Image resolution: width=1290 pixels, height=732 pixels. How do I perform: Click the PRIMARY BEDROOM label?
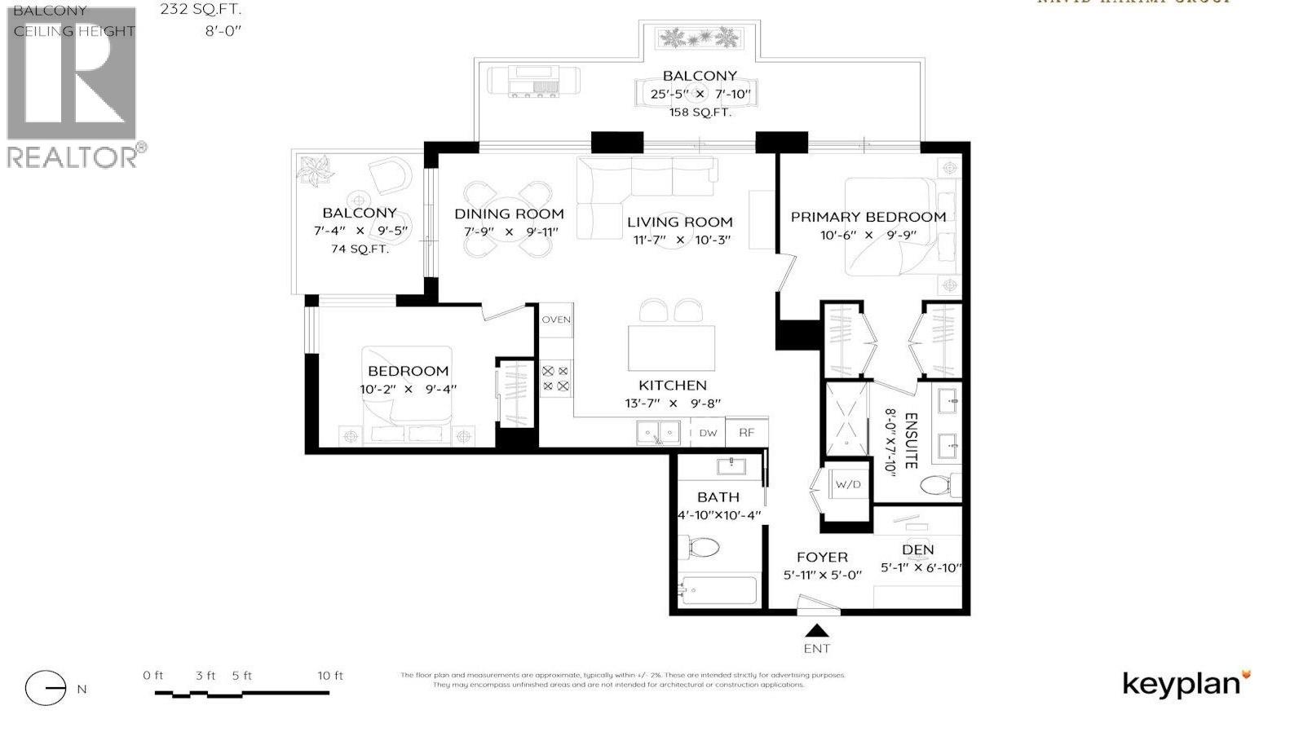point(868,217)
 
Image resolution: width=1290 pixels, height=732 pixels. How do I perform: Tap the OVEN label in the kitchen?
point(556,320)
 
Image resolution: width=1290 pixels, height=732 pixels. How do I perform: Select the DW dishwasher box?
point(708,433)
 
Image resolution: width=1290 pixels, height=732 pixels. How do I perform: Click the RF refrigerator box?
point(746,433)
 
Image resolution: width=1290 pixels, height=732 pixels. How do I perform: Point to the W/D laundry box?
point(847,484)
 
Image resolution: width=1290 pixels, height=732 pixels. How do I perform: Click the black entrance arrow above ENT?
point(817,630)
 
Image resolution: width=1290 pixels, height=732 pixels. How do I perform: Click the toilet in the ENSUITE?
point(940,486)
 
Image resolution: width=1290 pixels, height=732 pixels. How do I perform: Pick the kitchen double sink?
point(658,432)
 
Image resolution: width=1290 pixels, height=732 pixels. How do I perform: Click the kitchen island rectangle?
point(671,349)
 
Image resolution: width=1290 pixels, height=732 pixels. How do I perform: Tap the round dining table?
point(507,218)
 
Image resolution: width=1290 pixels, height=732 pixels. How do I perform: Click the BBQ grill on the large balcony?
point(534,82)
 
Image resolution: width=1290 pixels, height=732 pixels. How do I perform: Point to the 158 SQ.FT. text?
point(700,112)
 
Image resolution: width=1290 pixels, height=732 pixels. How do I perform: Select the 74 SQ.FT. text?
point(360,249)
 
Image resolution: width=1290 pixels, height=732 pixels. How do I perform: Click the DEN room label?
point(918,550)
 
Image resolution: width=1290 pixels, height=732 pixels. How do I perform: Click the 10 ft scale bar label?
point(330,676)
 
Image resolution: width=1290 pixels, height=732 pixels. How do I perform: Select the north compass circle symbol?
point(46,689)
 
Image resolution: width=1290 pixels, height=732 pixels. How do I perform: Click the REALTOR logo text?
point(72,157)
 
